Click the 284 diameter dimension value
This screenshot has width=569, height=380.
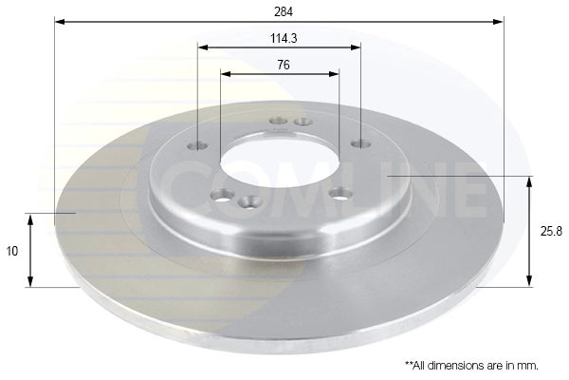(284, 12)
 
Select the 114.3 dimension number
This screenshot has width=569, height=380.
(284, 38)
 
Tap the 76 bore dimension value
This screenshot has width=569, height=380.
(284, 65)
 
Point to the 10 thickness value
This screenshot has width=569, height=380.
(12, 251)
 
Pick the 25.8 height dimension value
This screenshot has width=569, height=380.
(551, 231)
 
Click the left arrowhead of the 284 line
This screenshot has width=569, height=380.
(60, 22)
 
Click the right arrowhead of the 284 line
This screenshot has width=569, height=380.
(499, 22)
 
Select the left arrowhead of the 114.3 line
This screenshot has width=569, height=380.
(203, 47)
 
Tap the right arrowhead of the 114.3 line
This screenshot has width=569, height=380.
(356, 47)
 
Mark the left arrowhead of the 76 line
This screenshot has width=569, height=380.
(226, 74)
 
